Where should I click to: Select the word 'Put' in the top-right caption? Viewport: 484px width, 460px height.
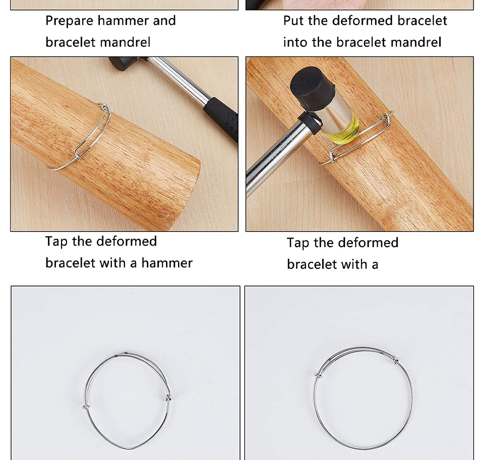point(293,21)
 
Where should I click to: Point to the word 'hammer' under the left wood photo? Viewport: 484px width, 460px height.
point(167,263)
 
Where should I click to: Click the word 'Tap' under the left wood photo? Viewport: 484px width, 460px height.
point(56,242)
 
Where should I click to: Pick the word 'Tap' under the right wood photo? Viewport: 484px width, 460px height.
point(298,243)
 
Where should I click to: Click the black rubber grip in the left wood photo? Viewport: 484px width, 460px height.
point(222,118)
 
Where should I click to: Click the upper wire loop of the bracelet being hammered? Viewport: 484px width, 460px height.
point(386,119)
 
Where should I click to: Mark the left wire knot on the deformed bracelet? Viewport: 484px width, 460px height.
point(86,408)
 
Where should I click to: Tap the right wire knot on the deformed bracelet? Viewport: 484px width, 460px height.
point(168,398)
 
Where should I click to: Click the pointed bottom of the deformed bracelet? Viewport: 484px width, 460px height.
point(130,448)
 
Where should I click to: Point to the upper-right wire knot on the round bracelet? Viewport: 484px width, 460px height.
point(396,359)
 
